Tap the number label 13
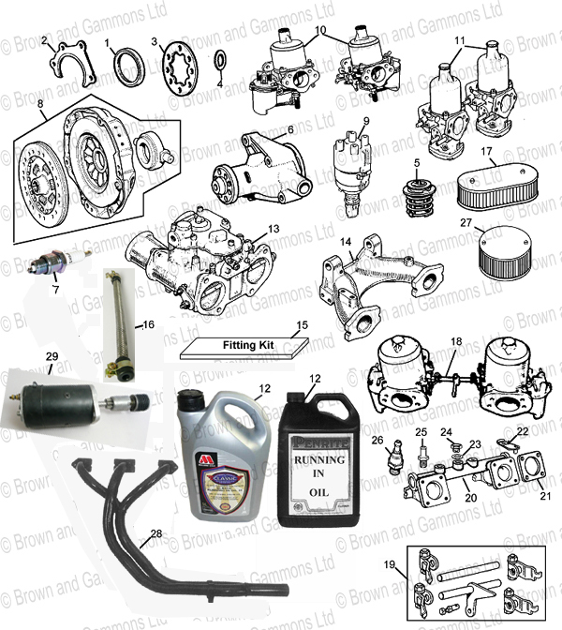(x=273, y=228)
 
